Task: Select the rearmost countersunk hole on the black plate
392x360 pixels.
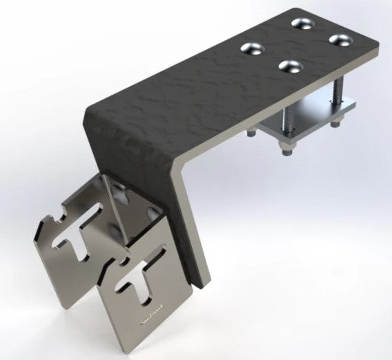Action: [301, 23]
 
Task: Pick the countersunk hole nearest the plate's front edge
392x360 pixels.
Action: [289, 66]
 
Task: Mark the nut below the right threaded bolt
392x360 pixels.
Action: [336, 124]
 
